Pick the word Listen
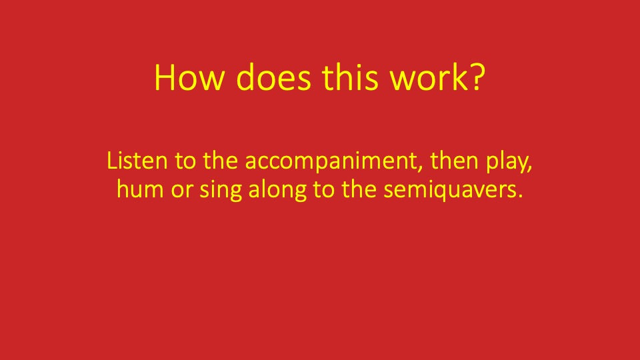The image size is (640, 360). [131, 161]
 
